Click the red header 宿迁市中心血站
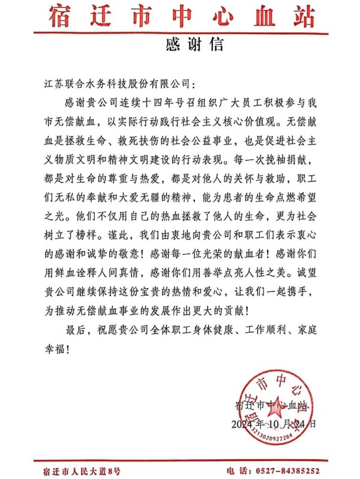click(x=180, y=16)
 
